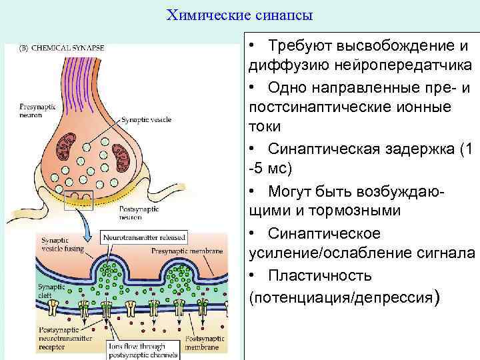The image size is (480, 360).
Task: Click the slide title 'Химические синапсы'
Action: [x=239, y=14]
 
